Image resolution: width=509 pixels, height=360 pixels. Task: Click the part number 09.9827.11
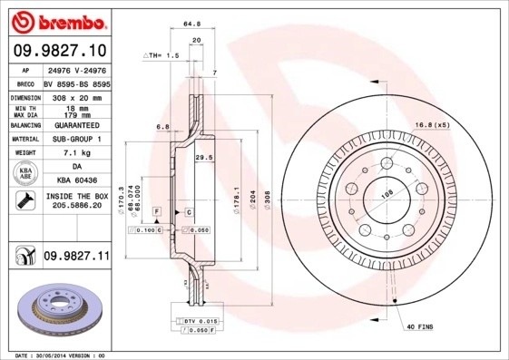tap(76, 258)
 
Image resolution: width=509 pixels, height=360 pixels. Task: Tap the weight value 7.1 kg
tap(76, 153)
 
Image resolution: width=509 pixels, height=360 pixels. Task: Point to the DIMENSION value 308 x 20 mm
tap(76, 97)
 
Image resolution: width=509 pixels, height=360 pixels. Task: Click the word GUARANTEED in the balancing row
tap(76, 125)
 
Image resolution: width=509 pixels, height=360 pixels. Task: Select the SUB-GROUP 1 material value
tap(76, 139)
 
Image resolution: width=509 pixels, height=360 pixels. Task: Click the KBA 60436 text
tap(76, 181)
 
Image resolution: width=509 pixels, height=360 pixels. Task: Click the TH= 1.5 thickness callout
tap(163, 56)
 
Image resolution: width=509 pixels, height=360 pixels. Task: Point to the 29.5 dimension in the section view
tap(204, 157)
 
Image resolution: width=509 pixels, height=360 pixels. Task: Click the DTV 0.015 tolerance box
tap(197, 322)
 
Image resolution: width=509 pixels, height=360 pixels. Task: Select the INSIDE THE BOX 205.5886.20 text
tap(76, 201)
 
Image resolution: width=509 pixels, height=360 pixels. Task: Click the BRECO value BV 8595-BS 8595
tap(76, 83)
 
